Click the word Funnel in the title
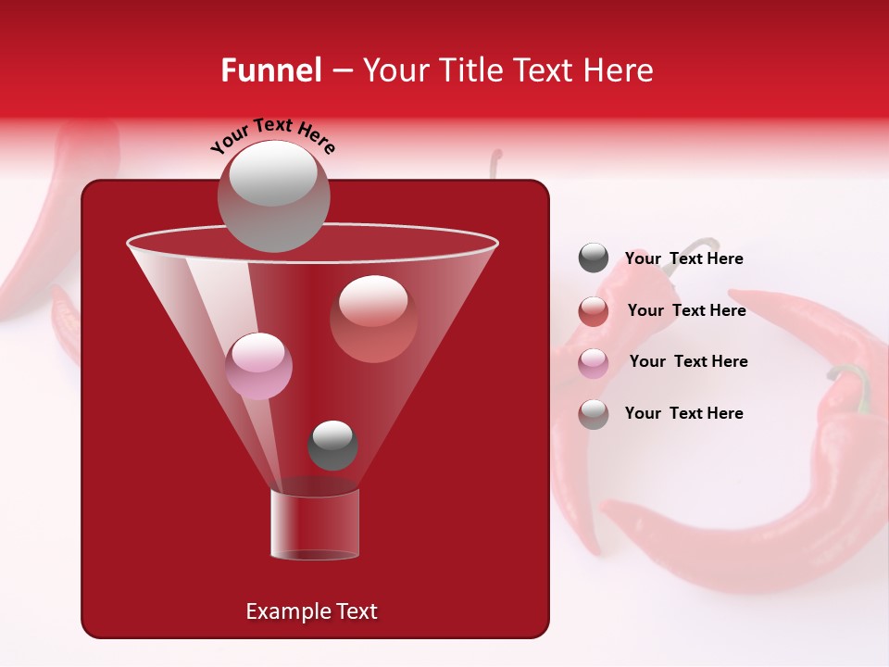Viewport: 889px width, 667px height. point(271,69)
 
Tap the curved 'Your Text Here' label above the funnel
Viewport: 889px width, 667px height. point(272,135)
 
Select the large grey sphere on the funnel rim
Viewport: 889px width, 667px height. point(273,195)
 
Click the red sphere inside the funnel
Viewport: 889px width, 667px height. point(373,319)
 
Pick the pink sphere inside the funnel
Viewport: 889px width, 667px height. point(259,366)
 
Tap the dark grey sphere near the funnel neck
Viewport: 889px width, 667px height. point(332,445)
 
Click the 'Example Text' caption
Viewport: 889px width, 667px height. point(311,611)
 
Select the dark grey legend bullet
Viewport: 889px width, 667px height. point(594,258)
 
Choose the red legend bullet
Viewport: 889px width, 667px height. point(594,310)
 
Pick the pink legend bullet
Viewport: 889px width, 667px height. point(594,362)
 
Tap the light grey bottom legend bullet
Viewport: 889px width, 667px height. point(594,413)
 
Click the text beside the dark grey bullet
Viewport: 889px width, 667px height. point(683,258)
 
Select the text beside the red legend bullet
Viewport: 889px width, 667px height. point(686,310)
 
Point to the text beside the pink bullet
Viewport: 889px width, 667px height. point(688,361)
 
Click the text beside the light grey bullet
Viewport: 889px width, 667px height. point(683,413)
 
